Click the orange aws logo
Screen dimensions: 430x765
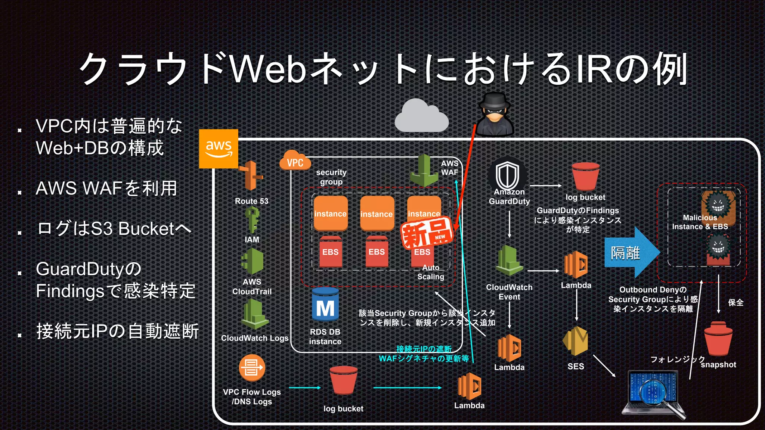point(219,149)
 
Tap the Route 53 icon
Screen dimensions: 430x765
point(251,176)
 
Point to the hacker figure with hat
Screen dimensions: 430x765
point(495,114)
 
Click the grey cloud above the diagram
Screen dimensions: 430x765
point(422,116)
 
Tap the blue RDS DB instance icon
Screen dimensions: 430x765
point(325,305)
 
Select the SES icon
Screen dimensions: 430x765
point(575,341)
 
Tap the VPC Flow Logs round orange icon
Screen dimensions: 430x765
point(252,368)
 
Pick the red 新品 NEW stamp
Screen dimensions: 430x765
point(427,234)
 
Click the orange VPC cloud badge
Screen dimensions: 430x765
point(295,161)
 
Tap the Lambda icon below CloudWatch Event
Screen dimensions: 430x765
point(509,348)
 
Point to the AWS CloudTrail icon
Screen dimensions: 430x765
point(253,261)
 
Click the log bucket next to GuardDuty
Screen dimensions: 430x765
point(585,177)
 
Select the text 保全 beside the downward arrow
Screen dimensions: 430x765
point(735,303)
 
